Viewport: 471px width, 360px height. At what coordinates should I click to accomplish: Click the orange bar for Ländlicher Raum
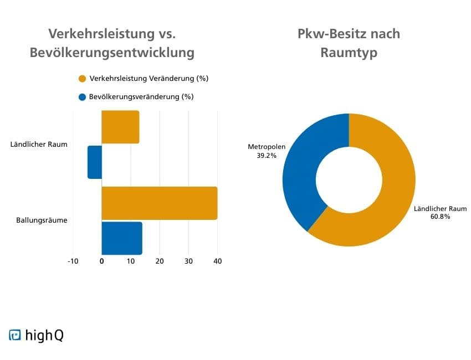point(120,127)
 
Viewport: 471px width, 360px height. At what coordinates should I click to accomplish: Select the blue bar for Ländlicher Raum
point(95,162)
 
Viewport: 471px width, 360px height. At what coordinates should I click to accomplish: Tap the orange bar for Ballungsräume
point(160,203)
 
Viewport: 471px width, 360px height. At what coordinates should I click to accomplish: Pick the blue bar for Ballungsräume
point(122,238)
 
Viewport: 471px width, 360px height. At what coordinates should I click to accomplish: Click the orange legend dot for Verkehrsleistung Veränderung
point(83,79)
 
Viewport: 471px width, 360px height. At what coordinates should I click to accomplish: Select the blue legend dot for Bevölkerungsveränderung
point(83,97)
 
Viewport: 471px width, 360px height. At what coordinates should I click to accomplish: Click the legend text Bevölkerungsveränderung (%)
point(141,97)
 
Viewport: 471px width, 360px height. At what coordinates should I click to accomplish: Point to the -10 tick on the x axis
point(73,261)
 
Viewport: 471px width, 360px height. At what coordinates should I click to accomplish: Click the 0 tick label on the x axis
point(102,261)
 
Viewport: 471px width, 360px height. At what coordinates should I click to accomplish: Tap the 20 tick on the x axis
point(160,261)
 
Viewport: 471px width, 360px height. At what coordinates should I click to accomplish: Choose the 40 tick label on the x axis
point(217,261)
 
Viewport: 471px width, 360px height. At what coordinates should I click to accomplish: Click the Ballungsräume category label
point(42,220)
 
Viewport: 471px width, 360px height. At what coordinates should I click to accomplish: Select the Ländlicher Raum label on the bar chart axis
point(39,145)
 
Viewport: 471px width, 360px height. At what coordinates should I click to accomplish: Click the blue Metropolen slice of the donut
point(299,172)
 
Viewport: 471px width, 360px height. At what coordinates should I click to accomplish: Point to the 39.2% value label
point(266,156)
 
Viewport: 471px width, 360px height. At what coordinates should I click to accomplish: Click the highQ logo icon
point(15,335)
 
